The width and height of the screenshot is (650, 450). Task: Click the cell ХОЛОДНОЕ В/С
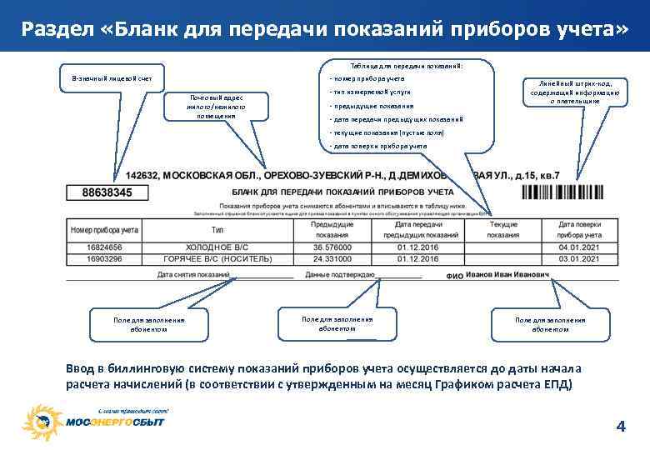tap(217, 247)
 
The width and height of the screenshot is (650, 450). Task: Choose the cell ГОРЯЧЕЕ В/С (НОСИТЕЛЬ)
tap(217, 259)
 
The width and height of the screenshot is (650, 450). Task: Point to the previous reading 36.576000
tap(332, 247)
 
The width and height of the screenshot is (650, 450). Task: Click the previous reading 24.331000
tap(332, 259)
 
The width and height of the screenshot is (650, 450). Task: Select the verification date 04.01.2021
tap(580, 247)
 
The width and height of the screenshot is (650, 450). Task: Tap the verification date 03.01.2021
tap(580, 259)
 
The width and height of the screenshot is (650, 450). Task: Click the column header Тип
tap(217, 229)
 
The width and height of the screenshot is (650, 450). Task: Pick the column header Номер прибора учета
tap(104, 229)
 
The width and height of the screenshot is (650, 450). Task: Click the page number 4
tap(619, 427)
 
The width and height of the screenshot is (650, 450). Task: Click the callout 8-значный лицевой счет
tap(106, 77)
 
